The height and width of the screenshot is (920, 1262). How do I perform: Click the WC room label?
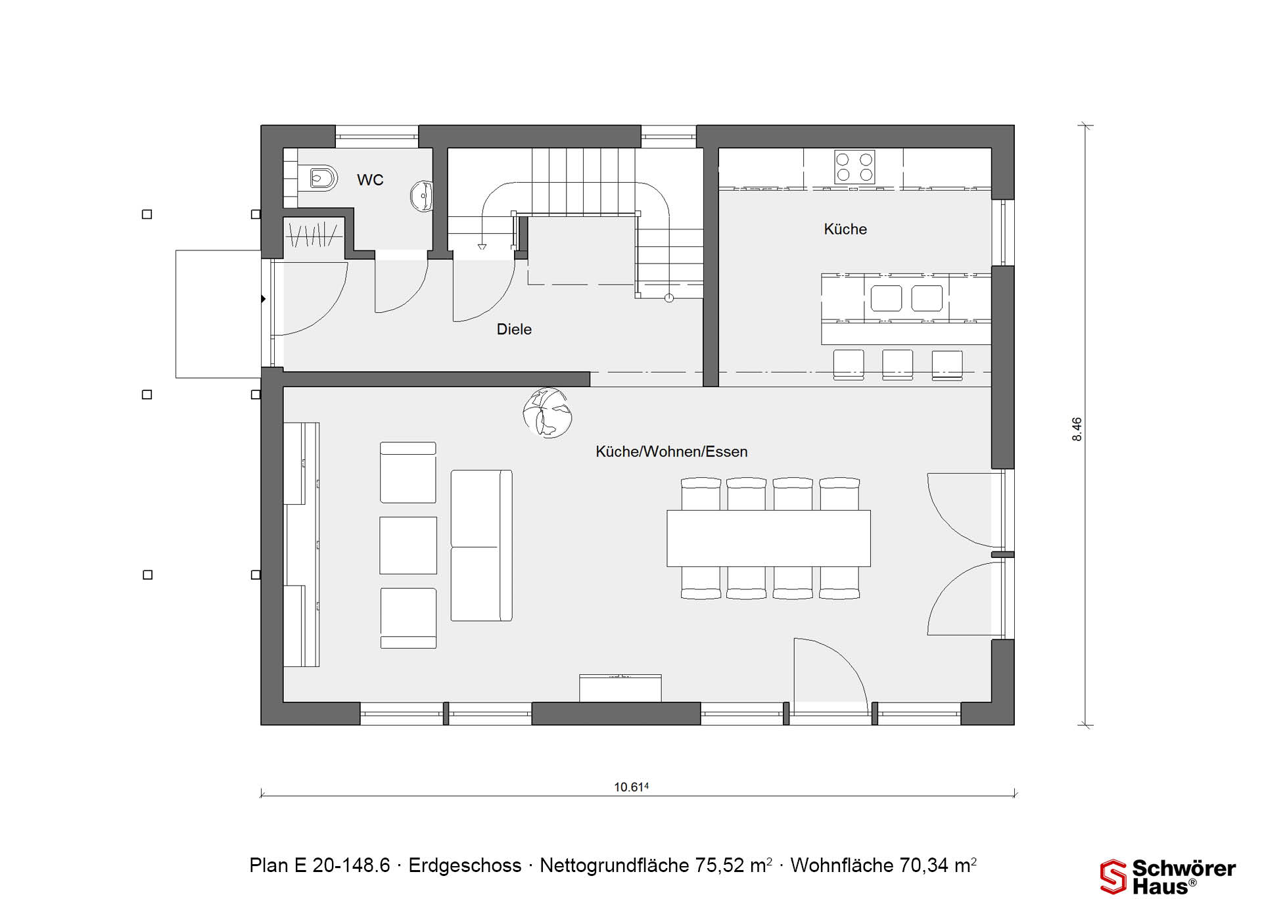(370, 180)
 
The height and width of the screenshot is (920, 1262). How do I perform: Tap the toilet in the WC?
(323, 178)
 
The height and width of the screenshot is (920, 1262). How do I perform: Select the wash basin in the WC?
(422, 196)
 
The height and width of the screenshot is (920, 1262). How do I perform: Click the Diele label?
(514, 329)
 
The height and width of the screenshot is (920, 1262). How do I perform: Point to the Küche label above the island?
(845, 229)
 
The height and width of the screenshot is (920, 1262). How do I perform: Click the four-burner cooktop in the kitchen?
(854, 167)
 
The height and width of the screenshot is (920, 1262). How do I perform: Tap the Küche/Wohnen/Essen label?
(672, 452)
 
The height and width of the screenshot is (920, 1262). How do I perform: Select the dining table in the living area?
(768, 538)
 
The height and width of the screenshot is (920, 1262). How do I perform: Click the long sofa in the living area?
(482, 545)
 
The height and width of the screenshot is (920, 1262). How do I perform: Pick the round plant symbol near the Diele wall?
(547, 413)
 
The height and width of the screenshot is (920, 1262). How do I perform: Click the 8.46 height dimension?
(1077, 429)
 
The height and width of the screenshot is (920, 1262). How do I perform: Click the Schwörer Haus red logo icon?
(1113, 877)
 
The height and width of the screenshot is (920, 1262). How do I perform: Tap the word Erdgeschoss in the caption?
(465, 865)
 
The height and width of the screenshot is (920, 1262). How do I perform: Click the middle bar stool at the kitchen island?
(897, 365)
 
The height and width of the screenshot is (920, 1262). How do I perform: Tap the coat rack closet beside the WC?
(314, 234)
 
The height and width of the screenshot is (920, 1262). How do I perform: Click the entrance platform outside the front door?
(218, 314)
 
